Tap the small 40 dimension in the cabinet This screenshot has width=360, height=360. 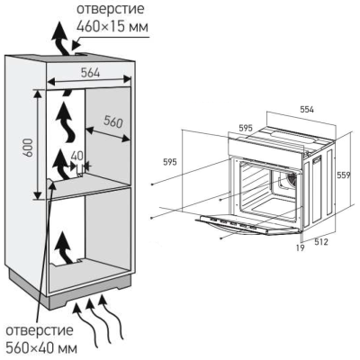pos(76,154)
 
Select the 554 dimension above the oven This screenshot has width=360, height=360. pos(307,108)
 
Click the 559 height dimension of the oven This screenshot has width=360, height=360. pos(345,175)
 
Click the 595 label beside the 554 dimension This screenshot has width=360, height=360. pos(246,128)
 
